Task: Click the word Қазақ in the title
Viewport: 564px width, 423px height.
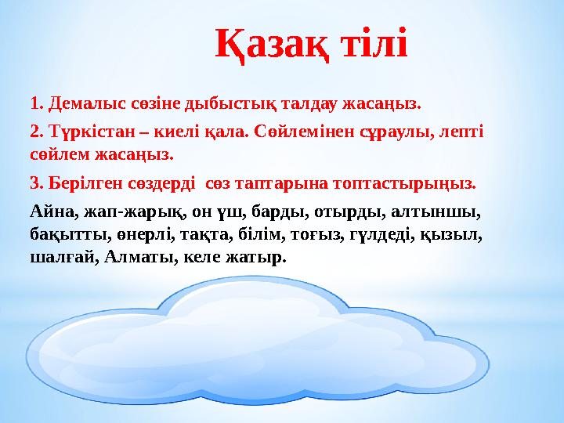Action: coord(271,45)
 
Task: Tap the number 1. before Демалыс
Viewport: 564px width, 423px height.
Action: coord(36,103)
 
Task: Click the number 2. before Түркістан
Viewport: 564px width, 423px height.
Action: coord(36,129)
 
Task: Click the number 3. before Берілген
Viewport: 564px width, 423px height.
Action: coord(36,183)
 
